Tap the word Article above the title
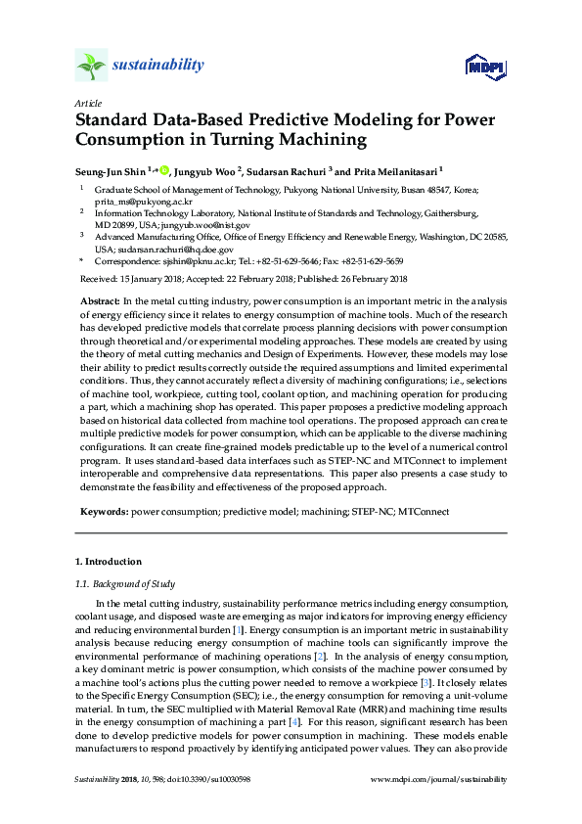click(x=87, y=103)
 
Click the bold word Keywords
click(x=103, y=511)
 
